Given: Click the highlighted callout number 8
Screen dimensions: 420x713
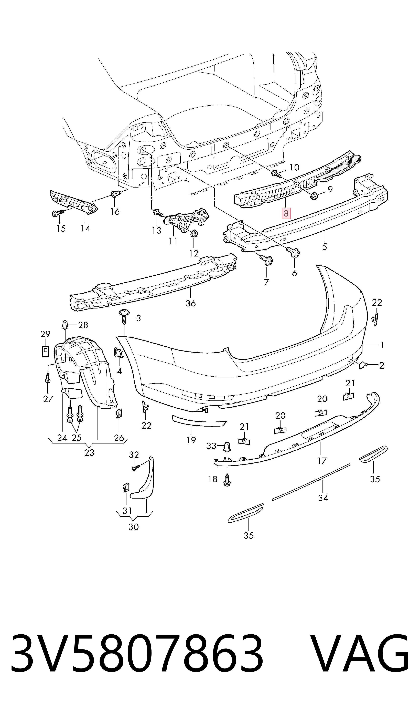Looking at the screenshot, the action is [286, 213].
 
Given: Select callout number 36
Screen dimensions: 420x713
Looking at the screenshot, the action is [191, 303].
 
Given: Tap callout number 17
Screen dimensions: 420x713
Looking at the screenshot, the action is [322, 461].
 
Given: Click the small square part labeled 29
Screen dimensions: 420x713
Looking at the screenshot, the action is [45, 351].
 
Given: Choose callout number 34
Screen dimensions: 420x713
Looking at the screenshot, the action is [323, 498].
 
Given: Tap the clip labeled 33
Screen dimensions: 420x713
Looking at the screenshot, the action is [227, 447].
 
